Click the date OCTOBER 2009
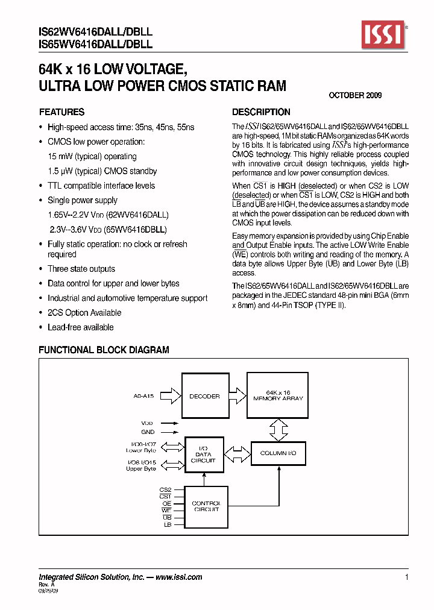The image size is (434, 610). click(355, 95)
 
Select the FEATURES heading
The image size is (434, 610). click(61, 112)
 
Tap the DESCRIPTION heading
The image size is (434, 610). click(261, 112)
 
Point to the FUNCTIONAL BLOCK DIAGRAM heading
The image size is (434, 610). click(104, 350)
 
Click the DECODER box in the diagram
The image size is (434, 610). click(205, 396)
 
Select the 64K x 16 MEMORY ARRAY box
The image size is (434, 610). click(278, 395)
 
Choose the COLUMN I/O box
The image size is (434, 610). click(278, 453)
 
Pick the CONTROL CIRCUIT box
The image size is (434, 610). click(206, 506)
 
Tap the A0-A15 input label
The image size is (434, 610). click(143, 396)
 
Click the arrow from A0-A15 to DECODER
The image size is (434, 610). click(171, 396)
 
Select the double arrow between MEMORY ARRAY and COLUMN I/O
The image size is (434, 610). click(277, 429)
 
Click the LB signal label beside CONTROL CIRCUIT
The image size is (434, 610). click(168, 525)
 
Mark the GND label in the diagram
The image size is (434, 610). click(148, 432)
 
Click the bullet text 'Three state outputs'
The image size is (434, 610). click(81, 269)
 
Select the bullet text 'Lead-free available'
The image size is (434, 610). click(80, 327)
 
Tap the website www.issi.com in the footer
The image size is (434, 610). click(178, 577)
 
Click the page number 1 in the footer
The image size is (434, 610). click(406, 577)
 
